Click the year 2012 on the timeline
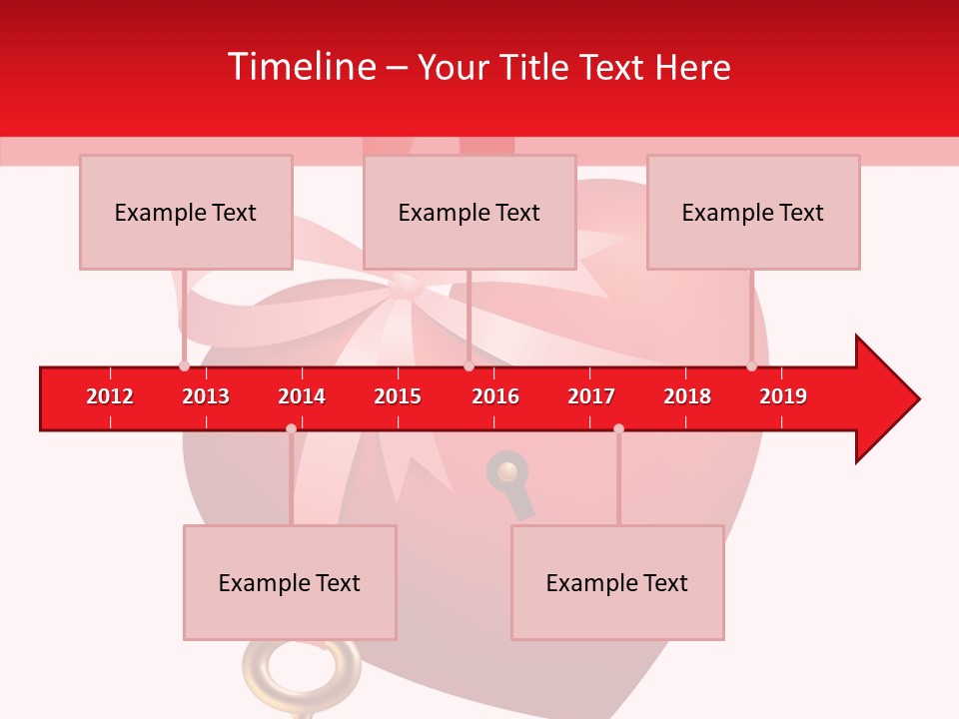click(x=110, y=396)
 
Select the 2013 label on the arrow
click(x=206, y=396)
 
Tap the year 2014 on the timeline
click(x=302, y=396)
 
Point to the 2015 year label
click(x=398, y=396)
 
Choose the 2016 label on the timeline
click(x=495, y=396)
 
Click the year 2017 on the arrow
click(x=591, y=396)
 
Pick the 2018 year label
click(x=687, y=396)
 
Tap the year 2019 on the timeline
click(x=783, y=396)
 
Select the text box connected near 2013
click(x=186, y=212)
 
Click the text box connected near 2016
click(x=470, y=212)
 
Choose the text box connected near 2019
click(x=753, y=212)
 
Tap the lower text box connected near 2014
click(x=290, y=582)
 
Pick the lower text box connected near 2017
click(x=617, y=582)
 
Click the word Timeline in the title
click(x=300, y=67)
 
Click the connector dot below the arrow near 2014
click(x=291, y=428)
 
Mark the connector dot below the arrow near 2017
click(x=618, y=428)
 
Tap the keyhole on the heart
click(x=508, y=475)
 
